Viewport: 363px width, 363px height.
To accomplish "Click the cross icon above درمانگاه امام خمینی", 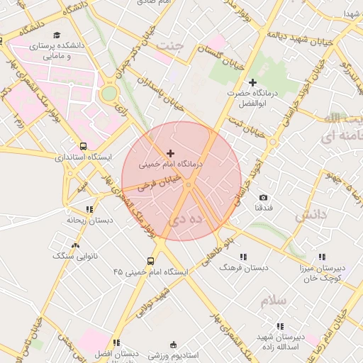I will pyautogui.click(x=170, y=153).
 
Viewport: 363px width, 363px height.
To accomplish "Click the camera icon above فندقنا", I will pyautogui.click(x=264, y=197).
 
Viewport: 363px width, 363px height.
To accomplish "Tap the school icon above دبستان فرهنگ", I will pyautogui.click(x=243, y=257).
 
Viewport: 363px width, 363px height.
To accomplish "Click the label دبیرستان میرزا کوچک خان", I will pyautogui.click(x=320, y=273).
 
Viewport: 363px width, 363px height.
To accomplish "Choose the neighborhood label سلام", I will pyautogui.click(x=272, y=300).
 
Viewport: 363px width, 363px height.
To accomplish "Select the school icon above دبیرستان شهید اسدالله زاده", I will pyautogui.click(x=280, y=326).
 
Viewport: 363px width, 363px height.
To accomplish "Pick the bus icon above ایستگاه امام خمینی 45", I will pyautogui.click(x=150, y=261).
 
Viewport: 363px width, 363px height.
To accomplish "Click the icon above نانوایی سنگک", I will pyautogui.click(x=75, y=245).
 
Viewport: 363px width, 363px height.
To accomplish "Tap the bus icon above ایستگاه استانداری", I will pyautogui.click(x=84, y=146).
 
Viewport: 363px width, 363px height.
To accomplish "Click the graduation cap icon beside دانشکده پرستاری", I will pyautogui.click(x=57, y=35).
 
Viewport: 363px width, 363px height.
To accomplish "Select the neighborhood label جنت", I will pyautogui.click(x=172, y=47).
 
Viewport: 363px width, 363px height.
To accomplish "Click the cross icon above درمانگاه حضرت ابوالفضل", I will pyautogui.click(x=252, y=83).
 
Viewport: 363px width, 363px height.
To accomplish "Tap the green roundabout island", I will pyautogui.click(x=108, y=93).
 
